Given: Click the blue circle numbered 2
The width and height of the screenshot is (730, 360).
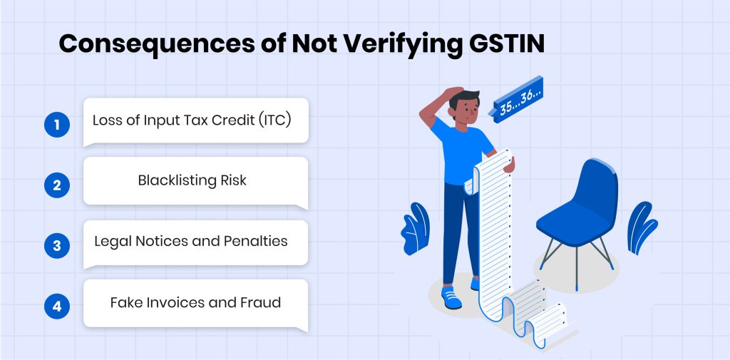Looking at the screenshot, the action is (x=57, y=185).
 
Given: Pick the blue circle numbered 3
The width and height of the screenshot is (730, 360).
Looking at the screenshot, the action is (x=57, y=245).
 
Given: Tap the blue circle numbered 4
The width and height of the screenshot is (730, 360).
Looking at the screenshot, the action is (x=57, y=307).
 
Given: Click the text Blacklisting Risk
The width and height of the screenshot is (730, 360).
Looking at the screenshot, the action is (x=192, y=180).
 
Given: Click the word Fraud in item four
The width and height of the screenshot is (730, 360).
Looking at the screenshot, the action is (x=260, y=303).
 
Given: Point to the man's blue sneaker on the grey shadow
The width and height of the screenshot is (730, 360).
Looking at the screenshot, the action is (x=451, y=297).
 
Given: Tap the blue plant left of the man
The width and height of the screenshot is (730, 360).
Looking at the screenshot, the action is (x=416, y=228).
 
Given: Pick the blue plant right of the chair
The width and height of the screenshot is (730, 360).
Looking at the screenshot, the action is (x=642, y=227).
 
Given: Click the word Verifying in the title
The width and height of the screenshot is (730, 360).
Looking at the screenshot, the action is (x=391, y=45).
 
